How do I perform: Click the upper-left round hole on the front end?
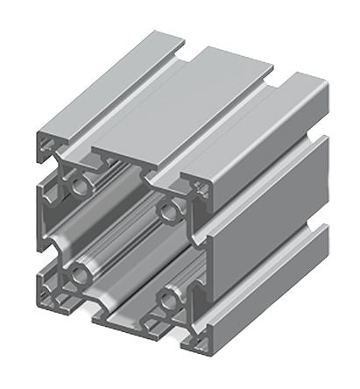click(x=83, y=185)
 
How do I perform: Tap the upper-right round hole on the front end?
click(x=166, y=210)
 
